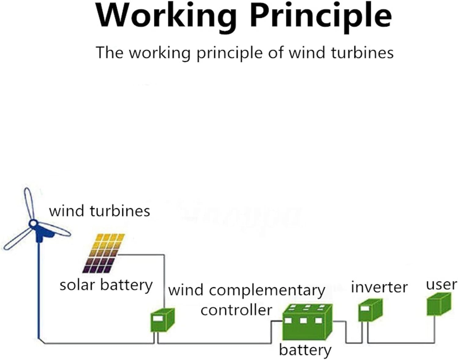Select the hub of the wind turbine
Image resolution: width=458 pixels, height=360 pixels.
33,224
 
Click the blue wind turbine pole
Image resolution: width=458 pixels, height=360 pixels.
39,290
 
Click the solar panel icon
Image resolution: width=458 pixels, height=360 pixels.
104,253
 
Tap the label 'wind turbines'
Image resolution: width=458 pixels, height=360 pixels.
100,211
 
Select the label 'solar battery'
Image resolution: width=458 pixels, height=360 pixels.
106,285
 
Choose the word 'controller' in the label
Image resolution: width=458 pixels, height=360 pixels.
236,310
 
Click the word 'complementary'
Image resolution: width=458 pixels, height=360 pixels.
267,290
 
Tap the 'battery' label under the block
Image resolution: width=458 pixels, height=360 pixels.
305,350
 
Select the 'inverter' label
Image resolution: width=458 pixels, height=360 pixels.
379,287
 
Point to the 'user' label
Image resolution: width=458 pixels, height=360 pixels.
442,285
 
